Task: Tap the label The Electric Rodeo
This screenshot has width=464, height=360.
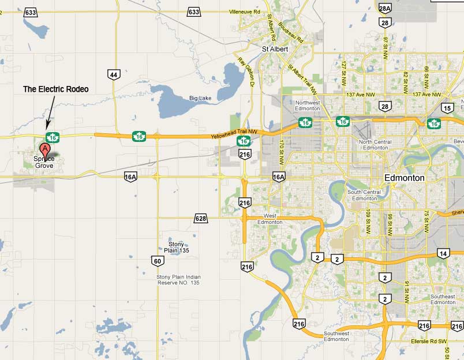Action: coord(55,89)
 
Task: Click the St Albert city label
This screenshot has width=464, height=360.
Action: coord(275,49)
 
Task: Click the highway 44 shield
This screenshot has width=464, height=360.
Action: coord(114,74)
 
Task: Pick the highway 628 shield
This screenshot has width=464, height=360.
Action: coord(200,218)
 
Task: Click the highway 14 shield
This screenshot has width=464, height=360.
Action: coord(443,253)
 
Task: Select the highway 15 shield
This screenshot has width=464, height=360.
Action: coord(447,107)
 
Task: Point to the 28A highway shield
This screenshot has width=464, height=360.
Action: coord(385,8)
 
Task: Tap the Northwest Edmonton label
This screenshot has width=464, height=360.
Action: coord(307,106)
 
